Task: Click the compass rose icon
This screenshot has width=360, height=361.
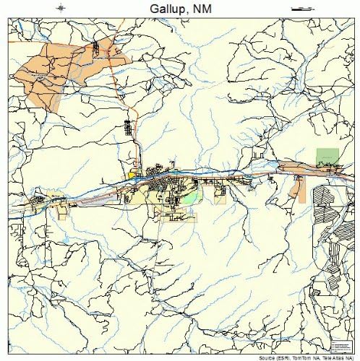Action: tap(61, 8)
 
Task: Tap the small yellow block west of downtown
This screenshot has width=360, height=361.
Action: tap(132, 174)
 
